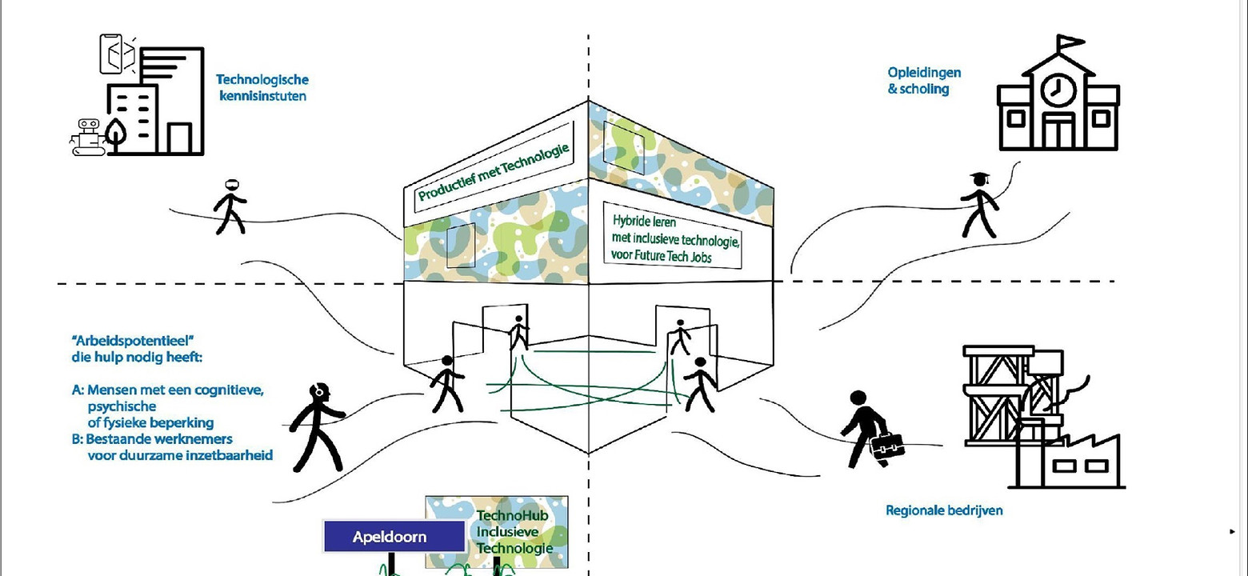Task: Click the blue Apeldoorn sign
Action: coord(394,536)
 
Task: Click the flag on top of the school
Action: coord(1070,42)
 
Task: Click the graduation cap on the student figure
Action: coord(978,178)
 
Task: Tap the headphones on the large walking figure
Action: coord(319,391)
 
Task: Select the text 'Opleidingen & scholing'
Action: coord(918,81)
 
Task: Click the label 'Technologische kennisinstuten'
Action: coord(262,88)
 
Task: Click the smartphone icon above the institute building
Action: coord(115,54)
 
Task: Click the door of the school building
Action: coord(1058,132)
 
